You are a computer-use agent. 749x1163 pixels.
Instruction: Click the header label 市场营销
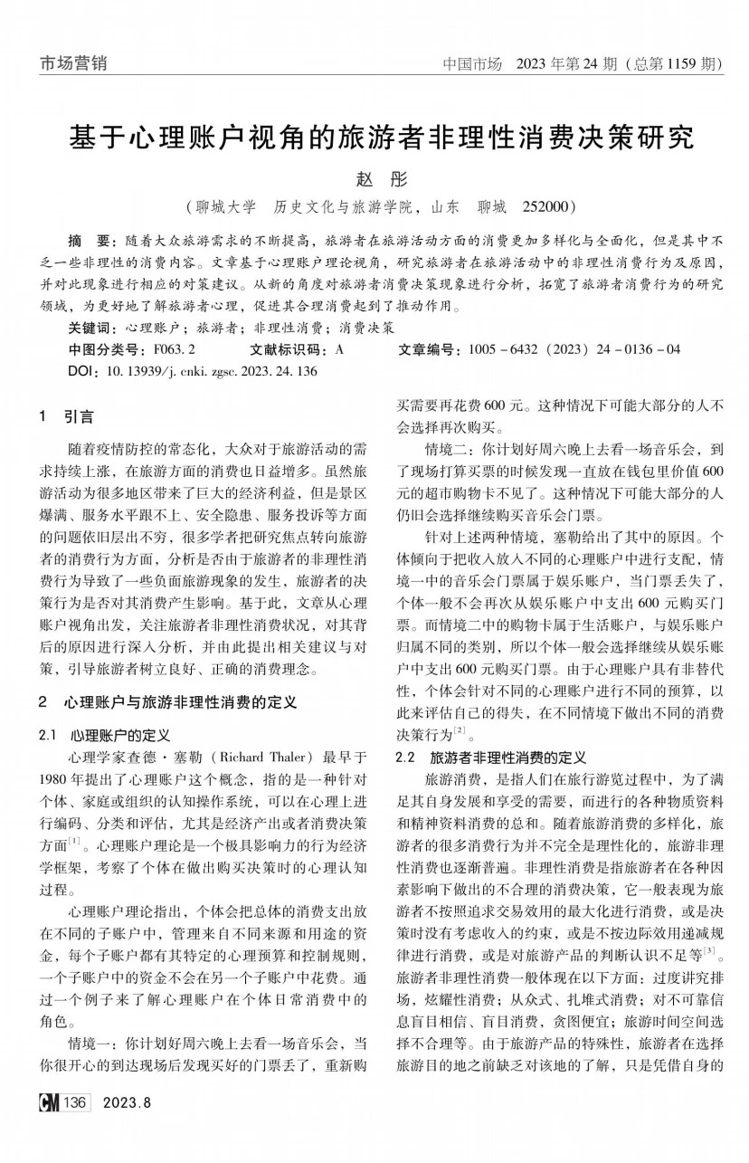(x=73, y=63)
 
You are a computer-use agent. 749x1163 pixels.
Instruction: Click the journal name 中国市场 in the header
(x=472, y=64)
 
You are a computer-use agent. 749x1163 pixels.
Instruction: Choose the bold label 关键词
(x=93, y=328)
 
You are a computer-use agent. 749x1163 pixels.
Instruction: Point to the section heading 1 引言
(x=68, y=417)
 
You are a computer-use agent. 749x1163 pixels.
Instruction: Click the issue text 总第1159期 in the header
(x=673, y=64)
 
